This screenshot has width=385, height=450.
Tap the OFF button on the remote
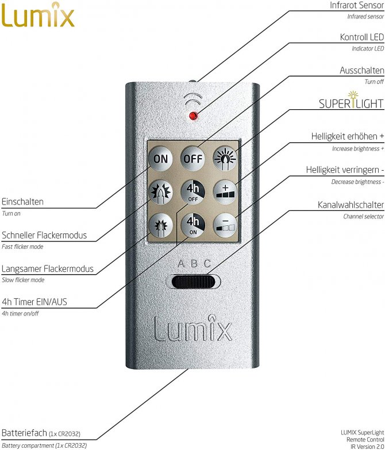pos(192,159)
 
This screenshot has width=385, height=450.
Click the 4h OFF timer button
pos(192,192)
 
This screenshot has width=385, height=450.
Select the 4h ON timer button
pos(192,225)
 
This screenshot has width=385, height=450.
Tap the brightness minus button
pos(225,225)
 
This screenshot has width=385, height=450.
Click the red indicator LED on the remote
pos(193,116)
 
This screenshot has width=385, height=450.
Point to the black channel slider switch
pos(193,282)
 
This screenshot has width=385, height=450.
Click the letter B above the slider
pos(194,263)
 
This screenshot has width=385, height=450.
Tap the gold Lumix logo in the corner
pos(37,15)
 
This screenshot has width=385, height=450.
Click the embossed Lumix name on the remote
pos(192,329)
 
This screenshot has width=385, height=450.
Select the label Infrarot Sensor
pos(357,5)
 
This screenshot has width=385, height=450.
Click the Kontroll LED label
pos(362,37)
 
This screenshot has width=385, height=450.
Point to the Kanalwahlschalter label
pos(351,205)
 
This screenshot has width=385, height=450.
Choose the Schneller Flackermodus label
pos(44,235)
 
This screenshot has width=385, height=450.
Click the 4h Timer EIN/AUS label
pos(34,302)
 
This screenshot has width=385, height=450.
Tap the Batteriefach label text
pos(24,433)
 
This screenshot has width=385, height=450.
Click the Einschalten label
pos(22,202)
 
